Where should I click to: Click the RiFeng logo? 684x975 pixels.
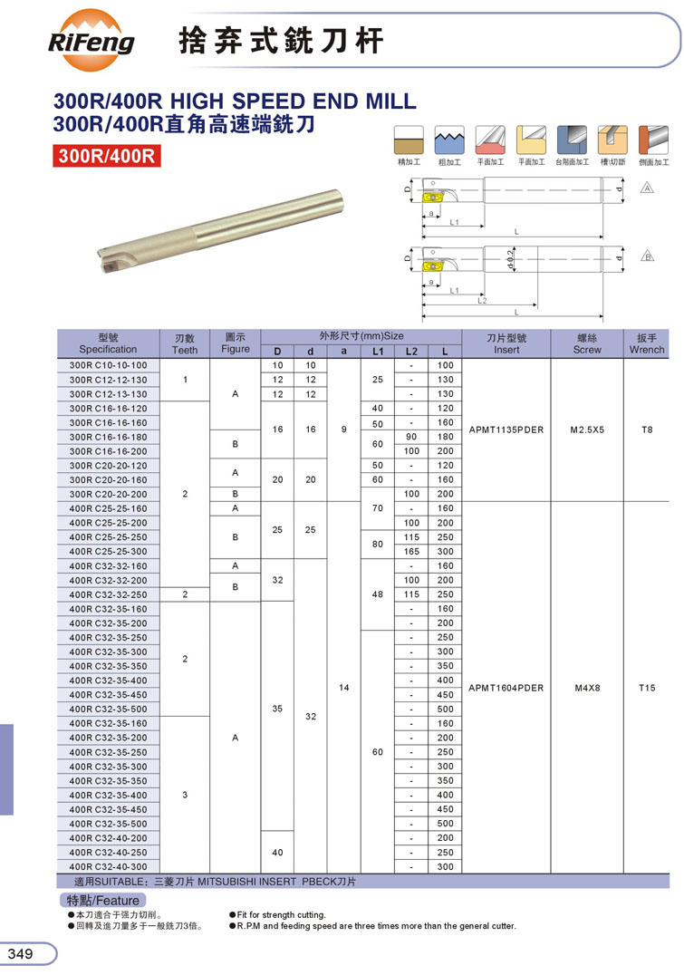(91, 41)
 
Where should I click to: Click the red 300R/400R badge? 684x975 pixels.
(106, 156)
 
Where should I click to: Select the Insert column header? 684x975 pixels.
(506, 343)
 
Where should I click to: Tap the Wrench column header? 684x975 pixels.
(646, 343)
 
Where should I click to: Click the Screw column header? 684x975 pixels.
(587, 343)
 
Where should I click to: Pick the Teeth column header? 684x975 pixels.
(185, 343)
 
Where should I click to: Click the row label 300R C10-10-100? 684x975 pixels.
(108, 365)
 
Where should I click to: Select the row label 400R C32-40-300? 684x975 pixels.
(108, 867)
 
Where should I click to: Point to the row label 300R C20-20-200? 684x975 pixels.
(108, 494)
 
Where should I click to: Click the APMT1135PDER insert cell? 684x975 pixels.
(506, 430)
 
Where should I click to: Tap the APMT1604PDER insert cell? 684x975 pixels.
(506, 688)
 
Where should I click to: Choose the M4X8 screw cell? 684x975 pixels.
(587, 688)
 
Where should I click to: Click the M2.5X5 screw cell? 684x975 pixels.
(587, 430)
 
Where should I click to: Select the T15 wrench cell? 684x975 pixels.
(646, 688)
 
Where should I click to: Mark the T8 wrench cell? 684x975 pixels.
(646, 430)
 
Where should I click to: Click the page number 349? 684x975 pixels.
(21, 954)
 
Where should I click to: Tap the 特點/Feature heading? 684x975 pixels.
(102, 901)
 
